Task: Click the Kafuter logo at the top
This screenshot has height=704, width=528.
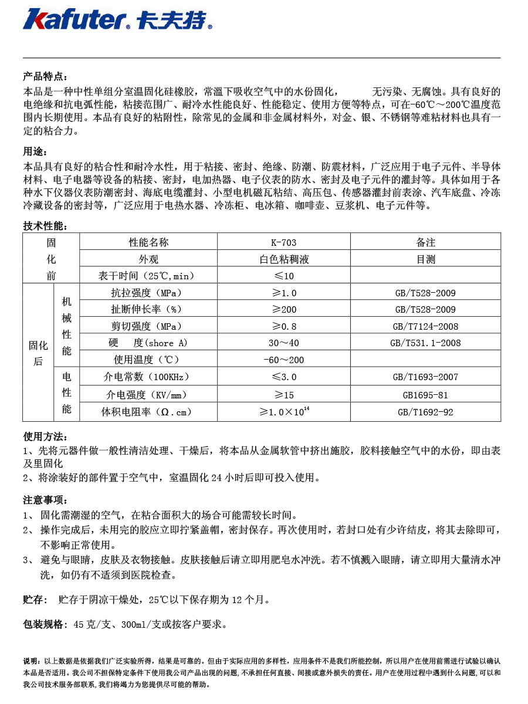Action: (x=117, y=19)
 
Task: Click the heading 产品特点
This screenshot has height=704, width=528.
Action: (x=45, y=77)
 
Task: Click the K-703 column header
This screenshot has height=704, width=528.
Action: (x=283, y=242)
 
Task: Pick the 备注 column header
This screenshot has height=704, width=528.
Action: (x=425, y=242)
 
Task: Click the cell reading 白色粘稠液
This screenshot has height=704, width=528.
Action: (x=283, y=259)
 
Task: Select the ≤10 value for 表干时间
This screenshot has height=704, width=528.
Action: (x=283, y=276)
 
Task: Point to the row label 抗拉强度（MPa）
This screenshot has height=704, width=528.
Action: (x=147, y=293)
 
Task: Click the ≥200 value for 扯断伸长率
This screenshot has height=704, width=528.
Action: (x=283, y=310)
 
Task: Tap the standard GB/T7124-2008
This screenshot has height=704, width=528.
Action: (x=425, y=326)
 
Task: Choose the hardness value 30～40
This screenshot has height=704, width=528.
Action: (x=283, y=343)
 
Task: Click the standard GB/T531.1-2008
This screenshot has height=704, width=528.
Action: (x=425, y=343)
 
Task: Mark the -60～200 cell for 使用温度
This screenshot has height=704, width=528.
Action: (x=283, y=360)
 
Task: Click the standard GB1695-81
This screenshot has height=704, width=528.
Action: (x=425, y=395)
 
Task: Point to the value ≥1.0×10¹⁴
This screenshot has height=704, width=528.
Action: (x=284, y=412)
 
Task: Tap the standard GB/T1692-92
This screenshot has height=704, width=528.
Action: (x=425, y=412)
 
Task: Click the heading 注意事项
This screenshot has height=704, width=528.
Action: (x=45, y=500)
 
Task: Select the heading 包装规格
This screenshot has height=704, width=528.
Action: (x=45, y=624)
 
